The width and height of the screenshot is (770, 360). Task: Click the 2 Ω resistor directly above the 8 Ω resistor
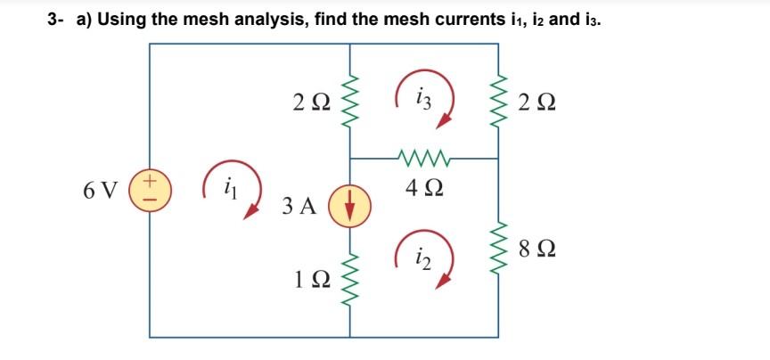(x=496, y=100)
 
